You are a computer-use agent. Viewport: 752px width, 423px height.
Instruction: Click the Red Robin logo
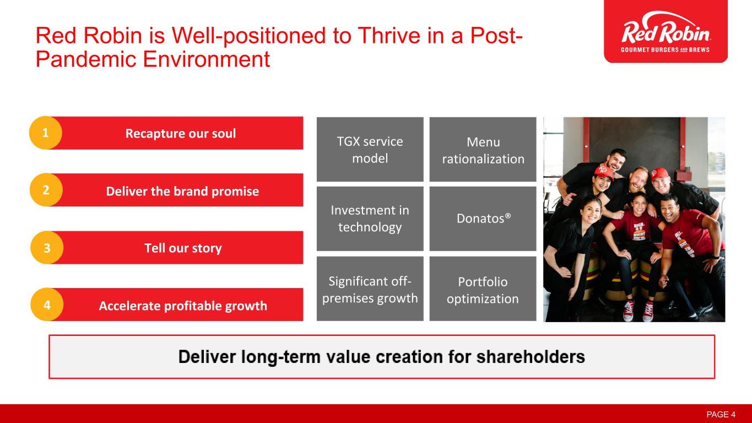[x=666, y=31]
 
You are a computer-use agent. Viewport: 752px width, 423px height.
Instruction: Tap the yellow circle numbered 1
[x=46, y=133]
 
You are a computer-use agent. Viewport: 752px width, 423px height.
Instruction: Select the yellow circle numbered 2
[x=46, y=190]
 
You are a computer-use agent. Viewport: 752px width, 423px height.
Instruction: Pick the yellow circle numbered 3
[x=47, y=248]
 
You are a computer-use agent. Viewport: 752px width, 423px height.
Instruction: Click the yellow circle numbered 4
[x=47, y=305]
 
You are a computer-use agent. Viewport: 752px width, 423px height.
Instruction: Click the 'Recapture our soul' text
[x=181, y=134]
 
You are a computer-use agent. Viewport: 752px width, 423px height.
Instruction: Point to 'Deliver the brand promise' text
[x=183, y=191]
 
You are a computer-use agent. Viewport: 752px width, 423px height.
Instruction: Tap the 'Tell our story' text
[x=183, y=248]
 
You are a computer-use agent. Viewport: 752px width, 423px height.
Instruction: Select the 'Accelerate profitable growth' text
[x=183, y=306]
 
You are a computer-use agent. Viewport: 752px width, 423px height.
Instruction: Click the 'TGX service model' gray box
[x=370, y=149]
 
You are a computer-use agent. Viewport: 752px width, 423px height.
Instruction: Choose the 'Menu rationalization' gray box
[x=483, y=149]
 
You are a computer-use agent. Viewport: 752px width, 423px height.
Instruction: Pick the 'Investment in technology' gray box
[x=370, y=219]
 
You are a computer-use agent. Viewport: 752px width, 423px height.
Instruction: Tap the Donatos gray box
[x=483, y=219]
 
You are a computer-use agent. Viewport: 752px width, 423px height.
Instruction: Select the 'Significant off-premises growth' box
[x=370, y=289]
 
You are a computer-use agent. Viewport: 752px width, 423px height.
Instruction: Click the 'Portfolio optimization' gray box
[x=483, y=289]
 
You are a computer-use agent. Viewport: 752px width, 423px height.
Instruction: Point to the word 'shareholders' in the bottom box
[x=531, y=356]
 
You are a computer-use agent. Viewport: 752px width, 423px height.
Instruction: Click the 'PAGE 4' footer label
[x=721, y=415]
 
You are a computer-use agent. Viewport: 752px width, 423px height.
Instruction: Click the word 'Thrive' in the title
[x=389, y=35]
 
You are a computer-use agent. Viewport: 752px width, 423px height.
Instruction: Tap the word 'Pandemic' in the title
[x=86, y=59]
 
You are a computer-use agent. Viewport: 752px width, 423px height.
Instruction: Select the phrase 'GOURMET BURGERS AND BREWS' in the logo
[x=666, y=50]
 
